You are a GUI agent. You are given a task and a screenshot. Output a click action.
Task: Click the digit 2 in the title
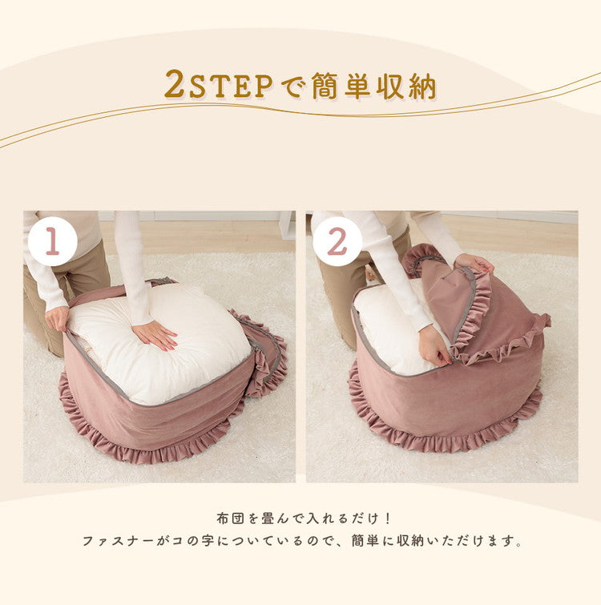[174, 83]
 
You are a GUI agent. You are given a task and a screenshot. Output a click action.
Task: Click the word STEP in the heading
[231, 86]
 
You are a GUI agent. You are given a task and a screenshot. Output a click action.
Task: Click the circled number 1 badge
[52, 241]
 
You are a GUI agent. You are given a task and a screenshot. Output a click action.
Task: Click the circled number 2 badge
[337, 241]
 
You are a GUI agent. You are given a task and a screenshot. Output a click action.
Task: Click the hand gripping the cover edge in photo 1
[57, 318]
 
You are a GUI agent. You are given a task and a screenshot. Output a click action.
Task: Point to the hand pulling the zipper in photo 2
[435, 345]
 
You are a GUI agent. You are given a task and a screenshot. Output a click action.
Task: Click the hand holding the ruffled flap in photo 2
[474, 263]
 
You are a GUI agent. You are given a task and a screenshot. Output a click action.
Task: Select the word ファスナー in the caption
[118, 541]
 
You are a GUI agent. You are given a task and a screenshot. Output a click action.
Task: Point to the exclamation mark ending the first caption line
[388, 518]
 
